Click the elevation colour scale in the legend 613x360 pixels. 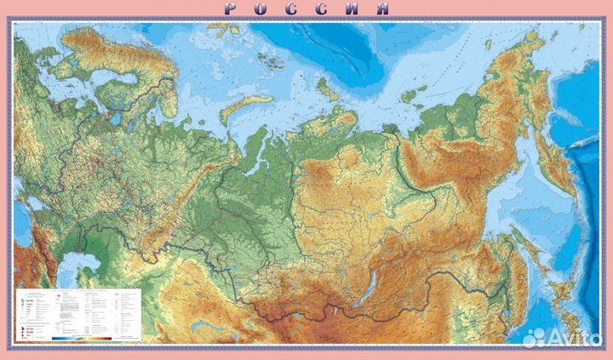[x=94, y=338]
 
